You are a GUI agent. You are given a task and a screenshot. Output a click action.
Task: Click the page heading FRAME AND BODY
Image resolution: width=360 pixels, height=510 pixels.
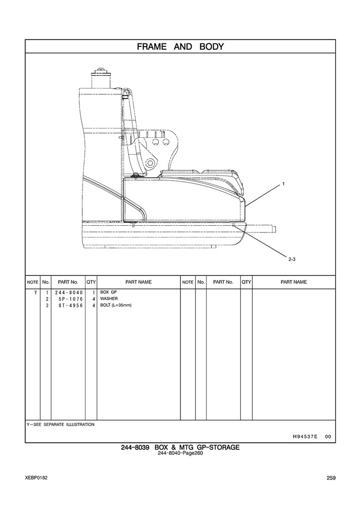coord(180,46)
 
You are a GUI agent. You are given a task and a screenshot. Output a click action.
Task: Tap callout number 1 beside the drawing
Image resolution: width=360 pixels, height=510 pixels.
coord(283,184)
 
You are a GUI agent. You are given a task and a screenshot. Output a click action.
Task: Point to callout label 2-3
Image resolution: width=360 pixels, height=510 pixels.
coord(291,259)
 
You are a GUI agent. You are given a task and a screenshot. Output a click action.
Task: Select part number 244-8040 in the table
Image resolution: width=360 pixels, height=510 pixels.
coord(69,293)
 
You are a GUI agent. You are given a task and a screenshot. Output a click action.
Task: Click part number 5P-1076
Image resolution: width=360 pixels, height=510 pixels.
coord(71,299)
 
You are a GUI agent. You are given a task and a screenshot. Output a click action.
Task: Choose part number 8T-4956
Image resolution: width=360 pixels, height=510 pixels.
coord(71,305)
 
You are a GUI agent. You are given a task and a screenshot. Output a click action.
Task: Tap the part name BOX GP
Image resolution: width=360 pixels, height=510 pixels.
coord(108,292)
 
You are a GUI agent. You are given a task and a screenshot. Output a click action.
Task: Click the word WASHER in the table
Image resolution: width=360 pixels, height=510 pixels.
coord(109,299)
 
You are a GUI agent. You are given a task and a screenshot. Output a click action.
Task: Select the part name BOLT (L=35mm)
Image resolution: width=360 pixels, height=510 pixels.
coord(116,305)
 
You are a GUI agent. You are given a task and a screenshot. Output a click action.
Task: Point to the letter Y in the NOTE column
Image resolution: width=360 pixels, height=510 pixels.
coord(36,293)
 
